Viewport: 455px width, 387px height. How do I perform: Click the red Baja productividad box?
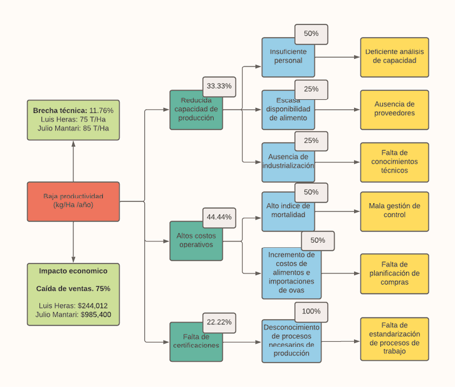[73, 201]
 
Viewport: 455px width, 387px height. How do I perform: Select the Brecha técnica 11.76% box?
[73, 119]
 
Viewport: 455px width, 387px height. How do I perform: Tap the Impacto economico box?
[73, 294]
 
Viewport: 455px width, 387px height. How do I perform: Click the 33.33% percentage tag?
[219, 87]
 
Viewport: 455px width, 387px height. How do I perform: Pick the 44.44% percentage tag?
[219, 217]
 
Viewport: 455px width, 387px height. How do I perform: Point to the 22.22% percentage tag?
[219, 322]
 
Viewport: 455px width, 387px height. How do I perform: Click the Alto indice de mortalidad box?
[288, 212]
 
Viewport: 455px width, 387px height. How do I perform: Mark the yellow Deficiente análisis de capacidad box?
[395, 57]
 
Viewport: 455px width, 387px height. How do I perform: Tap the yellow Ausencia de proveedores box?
[395, 110]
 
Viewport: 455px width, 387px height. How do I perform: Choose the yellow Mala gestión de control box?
[395, 211]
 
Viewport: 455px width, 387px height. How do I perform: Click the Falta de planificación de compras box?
[395, 273]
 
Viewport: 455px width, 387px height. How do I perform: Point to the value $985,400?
[100, 314]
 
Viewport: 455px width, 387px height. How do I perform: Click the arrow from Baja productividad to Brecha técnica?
[73, 161]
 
